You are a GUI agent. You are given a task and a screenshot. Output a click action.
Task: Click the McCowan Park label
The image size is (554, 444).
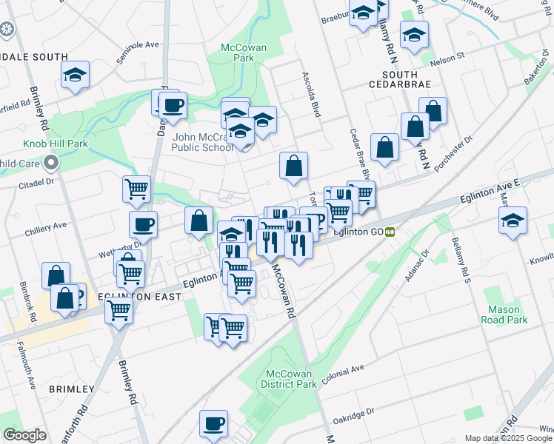click(244, 53)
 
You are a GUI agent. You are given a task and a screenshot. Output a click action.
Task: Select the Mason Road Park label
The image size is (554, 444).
click(507, 314)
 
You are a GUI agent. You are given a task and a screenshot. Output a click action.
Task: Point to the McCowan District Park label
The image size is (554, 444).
click(288, 378)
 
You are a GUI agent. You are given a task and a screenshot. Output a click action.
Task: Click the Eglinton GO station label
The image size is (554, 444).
click(358, 232)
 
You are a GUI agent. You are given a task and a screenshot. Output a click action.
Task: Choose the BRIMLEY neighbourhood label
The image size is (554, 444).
click(72, 388)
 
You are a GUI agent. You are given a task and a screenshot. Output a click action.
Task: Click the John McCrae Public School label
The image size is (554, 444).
click(202, 141)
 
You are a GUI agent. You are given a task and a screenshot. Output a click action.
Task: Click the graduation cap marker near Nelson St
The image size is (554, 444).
click(414, 33)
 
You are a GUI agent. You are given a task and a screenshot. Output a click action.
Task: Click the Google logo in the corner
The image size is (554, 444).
click(24, 435)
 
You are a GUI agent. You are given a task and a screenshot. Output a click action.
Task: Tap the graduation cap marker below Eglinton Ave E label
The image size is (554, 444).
click(513, 220)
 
